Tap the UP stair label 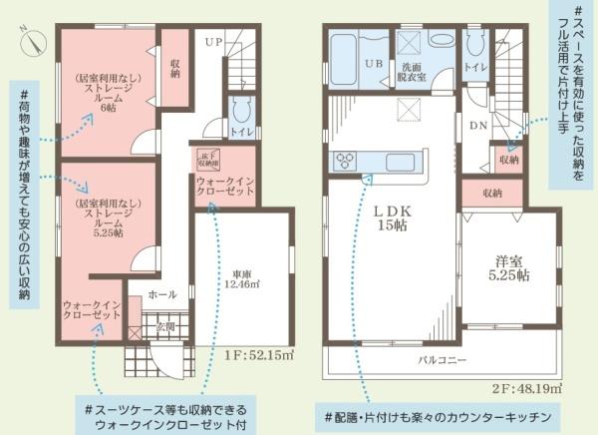pyautogui.click(x=214, y=42)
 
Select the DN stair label pyautogui.click(x=477, y=126)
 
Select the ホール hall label pyautogui.click(x=162, y=295)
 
